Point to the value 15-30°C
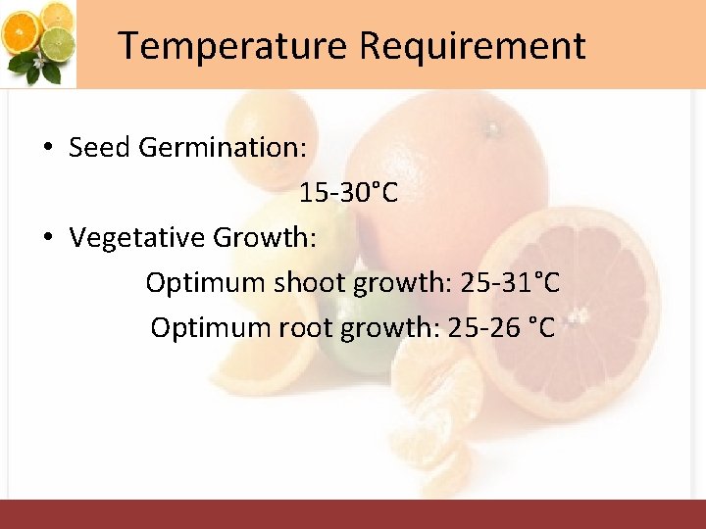coord(348,193)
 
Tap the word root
coord(301,327)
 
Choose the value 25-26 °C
coord(501,327)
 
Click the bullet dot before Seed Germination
coord(47,149)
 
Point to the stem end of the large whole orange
coord(489,127)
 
